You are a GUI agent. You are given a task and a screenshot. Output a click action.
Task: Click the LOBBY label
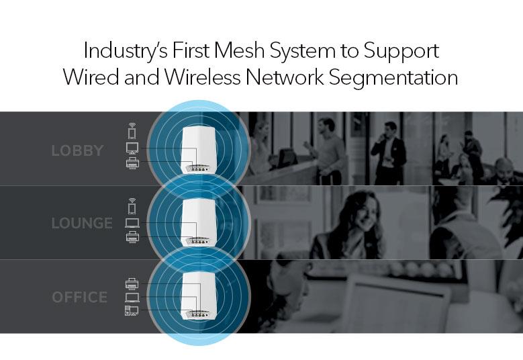(x=77, y=150)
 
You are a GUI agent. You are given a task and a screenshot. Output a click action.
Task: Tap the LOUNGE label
(x=82, y=223)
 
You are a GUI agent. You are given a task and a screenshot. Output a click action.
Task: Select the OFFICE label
(x=79, y=296)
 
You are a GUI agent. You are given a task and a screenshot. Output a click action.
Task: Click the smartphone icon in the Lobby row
(x=132, y=130)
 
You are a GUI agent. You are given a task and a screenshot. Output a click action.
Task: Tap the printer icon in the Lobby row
(x=132, y=163)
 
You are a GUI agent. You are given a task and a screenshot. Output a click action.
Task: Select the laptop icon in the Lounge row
(x=132, y=222)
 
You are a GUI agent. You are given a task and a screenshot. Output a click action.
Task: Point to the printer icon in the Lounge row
(x=132, y=237)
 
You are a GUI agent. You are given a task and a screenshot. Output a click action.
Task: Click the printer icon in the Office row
(x=132, y=283)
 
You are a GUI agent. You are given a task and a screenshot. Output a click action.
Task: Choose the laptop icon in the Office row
(x=132, y=297)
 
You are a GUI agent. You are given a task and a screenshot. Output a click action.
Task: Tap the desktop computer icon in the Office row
(x=132, y=310)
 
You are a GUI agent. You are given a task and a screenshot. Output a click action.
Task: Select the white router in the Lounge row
(x=199, y=222)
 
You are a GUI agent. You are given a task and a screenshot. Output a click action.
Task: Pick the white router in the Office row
(x=199, y=296)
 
